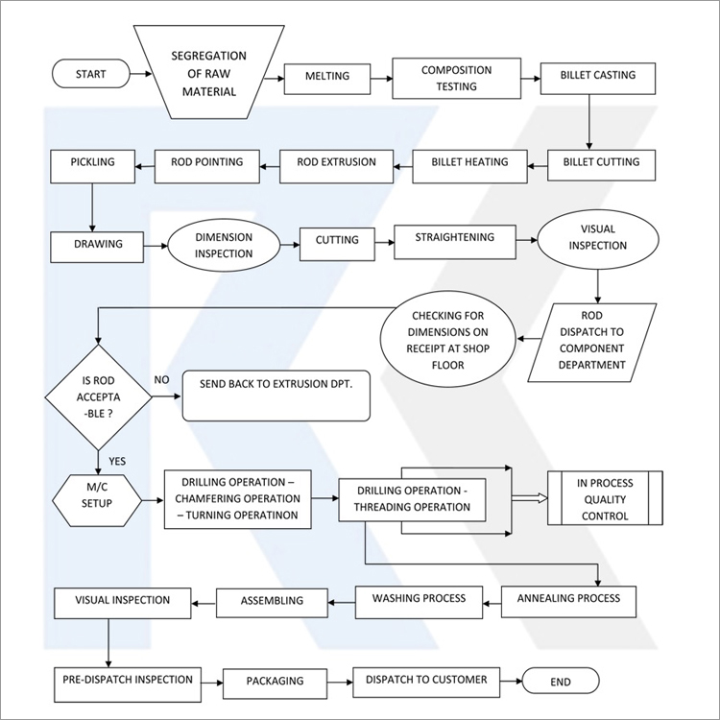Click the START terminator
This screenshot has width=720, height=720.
click(x=91, y=74)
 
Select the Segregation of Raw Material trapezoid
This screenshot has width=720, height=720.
click(x=209, y=72)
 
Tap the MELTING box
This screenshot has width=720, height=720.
click(x=327, y=79)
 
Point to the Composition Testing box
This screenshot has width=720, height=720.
click(x=456, y=78)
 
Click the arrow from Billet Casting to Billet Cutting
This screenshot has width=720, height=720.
click(x=589, y=122)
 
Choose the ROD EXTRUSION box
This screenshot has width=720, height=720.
click(x=336, y=166)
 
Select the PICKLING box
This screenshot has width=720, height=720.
click(x=93, y=166)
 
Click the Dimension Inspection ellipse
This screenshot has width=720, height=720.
click(x=224, y=245)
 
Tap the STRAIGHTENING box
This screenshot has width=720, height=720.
click(x=455, y=242)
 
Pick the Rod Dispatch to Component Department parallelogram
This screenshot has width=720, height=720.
click(x=592, y=343)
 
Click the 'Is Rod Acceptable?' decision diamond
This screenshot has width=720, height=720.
click(x=98, y=397)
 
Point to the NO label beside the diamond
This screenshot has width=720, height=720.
click(x=161, y=380)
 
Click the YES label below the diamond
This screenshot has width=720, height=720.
click(x=117, y=461)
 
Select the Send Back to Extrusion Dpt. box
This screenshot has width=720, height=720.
click(x=276, y=396)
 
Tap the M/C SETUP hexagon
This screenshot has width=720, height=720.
click(x=97, y=500)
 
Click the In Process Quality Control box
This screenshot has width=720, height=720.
click(x=605, y=497)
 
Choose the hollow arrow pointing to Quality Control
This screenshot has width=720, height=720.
click(x=529, y=498)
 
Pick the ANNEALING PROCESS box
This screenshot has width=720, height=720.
click(x=568, y=602)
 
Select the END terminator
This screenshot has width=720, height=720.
click(x=561, y=681)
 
